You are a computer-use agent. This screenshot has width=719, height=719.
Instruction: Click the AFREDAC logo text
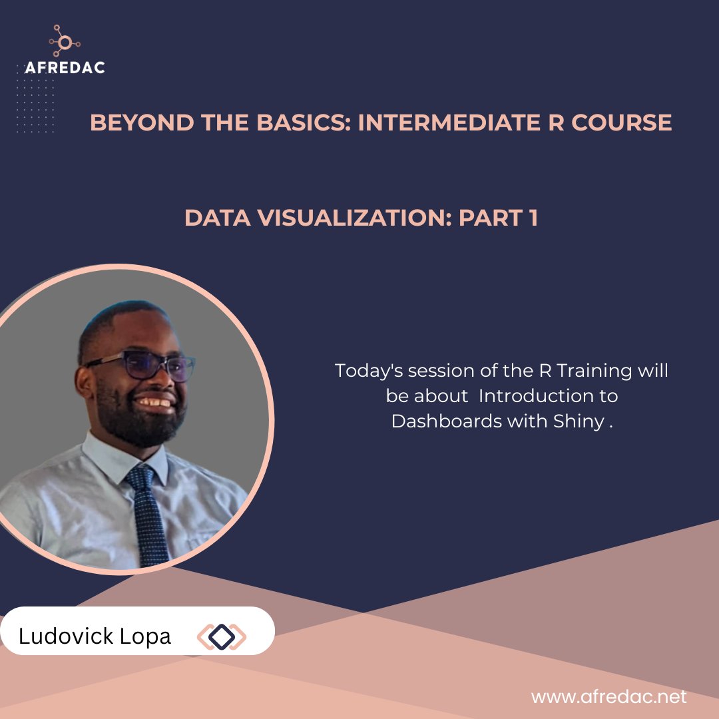point(65,67)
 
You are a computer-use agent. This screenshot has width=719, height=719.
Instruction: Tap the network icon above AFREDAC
point(65,42)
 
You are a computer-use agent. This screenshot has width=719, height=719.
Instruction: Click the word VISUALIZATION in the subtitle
point(344,218)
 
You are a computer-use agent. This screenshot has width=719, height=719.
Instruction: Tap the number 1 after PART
point(532,218)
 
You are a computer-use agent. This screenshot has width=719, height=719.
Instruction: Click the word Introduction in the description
point(548,396)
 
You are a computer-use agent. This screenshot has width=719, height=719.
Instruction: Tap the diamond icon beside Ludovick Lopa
point(222,637)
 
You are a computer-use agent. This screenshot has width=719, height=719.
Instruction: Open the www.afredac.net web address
point(608,697)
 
